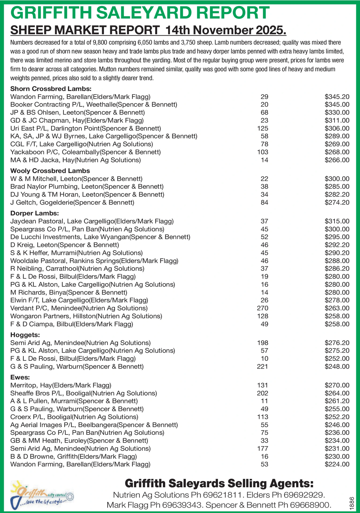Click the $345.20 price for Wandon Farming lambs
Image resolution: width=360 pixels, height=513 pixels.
(x=337, y=97)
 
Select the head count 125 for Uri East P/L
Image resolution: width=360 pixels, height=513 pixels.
(x=263, y=128)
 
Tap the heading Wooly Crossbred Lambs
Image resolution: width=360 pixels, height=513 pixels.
(x=50, y=171)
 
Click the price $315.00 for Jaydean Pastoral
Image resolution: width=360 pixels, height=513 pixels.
(x=337, y=221)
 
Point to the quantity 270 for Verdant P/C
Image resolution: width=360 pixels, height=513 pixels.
(x=262, y=308)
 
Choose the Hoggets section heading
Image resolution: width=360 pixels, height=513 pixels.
(x=25, y=335)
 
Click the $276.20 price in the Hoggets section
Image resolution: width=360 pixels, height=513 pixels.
(x=337, y=343)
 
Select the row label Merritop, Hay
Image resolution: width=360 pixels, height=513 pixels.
(x=61, y=385)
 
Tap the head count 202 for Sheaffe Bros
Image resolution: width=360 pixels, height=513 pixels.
(x=262, y=393)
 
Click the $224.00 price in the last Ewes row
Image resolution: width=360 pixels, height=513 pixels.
(x=337, y=464)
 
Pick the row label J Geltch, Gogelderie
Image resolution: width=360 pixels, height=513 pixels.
(x=72, y=202)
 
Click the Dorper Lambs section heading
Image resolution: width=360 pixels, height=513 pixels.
(x=34, y=213)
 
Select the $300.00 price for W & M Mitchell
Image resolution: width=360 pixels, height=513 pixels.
(x=337, y=179)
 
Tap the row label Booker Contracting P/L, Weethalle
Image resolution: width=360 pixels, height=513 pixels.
(x=94, y=104)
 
